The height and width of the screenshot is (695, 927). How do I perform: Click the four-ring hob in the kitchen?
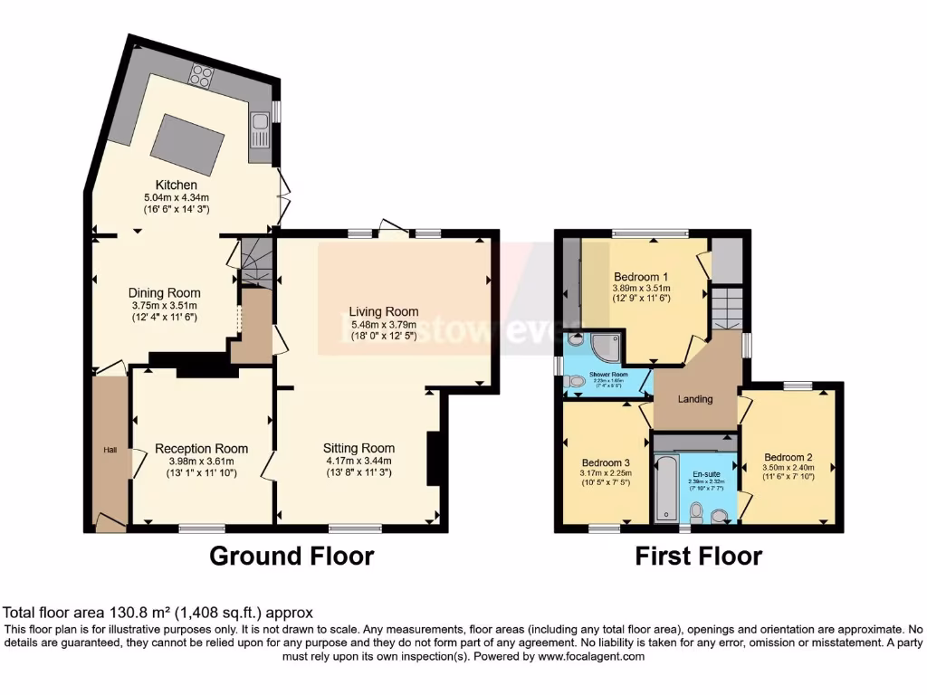click(x=200, y=77)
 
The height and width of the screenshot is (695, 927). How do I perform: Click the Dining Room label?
click(x=164, y=293)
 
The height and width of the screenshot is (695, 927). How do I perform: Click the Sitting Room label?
click(x=359, y=447)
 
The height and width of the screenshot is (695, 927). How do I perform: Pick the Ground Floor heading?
click(x=291, y=556)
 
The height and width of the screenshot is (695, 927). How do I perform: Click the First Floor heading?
click(x=698, y=556)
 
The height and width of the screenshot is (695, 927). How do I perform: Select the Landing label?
click(x=695, y=399)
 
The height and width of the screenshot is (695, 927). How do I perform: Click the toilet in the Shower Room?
click(x=574, y=383)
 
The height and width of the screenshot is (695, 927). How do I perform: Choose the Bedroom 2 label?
click(x=788, y=457)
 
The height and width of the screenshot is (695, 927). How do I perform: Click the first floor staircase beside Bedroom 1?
click(x=727, y=309)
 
